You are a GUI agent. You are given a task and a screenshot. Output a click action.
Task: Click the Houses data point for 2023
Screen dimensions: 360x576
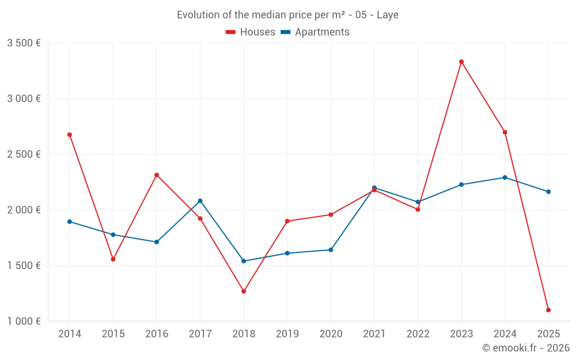click(461, 62)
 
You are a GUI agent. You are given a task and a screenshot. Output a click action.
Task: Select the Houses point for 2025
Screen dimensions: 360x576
click(548, 310)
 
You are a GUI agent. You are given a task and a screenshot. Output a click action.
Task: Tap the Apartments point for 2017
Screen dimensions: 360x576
click(200, 201)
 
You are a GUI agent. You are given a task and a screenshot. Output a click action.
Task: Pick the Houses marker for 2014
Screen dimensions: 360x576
click(70, 135)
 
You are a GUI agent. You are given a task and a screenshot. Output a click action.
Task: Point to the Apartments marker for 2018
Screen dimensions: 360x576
click(244, 261)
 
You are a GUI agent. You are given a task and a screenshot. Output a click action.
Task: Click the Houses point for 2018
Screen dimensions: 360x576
click(244, 291)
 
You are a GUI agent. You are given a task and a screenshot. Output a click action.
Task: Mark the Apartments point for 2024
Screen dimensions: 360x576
click(505, 177)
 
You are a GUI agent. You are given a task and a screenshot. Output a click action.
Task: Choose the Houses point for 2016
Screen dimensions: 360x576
click(157, 175)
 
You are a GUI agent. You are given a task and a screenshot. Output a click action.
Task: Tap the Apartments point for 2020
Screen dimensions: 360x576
click(331, 250)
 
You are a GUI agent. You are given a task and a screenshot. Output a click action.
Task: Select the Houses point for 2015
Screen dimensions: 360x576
click(113, 259)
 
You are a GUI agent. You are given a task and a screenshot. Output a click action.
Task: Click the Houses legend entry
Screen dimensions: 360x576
click(251, 32)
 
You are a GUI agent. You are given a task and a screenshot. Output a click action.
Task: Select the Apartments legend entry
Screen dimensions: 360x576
click(315, 32)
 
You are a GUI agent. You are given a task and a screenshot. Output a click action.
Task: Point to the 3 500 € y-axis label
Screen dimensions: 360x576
click(24, 43)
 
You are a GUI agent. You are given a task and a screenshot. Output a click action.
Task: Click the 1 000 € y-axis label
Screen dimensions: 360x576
click(24, 321)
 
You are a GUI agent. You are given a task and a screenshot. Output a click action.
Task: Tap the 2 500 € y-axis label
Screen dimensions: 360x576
click(24, 154)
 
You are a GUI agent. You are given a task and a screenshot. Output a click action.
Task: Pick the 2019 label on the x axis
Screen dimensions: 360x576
click(287, 334)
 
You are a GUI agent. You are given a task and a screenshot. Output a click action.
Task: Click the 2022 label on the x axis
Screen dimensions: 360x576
click(418, 334)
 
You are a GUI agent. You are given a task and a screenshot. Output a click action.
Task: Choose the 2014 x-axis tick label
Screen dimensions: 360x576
click(70, 334)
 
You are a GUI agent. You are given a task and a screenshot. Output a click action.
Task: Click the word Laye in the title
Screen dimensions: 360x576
click(388, 15)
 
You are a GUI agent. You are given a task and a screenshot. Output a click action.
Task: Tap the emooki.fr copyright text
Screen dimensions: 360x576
click(526, 348)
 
